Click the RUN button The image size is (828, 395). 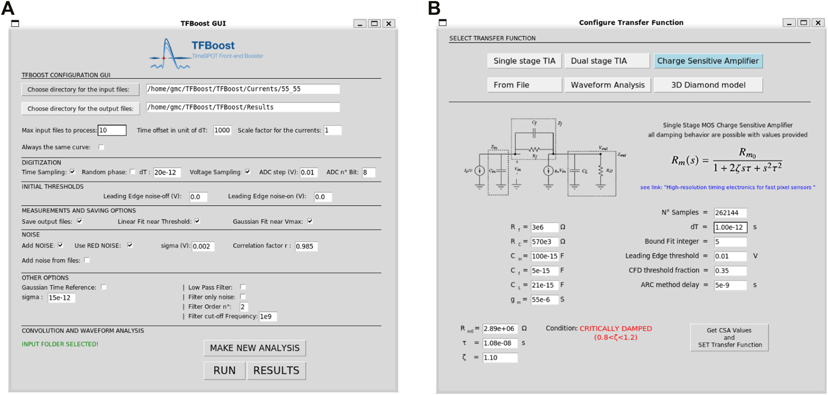click(224, 370)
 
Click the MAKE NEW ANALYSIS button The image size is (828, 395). click(255, 348)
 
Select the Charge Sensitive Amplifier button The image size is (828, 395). click(708, 61)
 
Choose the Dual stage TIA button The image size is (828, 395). click(607, 61)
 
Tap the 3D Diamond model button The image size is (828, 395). click(708, 85)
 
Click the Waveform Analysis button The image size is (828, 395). click(607, 85)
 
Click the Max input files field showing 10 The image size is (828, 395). click(112, 130)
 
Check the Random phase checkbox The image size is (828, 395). click(133, 172)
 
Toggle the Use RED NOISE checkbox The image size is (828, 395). click(130, 245)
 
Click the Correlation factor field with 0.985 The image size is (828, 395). click(306, 246)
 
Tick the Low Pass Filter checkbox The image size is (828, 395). click(243, 287)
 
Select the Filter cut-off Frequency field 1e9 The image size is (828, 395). click(268, 316)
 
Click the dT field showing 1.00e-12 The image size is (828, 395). click(730, 227)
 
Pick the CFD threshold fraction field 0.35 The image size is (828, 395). click(730, 271)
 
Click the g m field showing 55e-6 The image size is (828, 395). click(544, 300)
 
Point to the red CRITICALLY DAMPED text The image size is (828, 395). click(615, 329)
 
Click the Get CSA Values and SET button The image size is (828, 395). click(729, 338)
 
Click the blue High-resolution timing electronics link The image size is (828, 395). click(727, 187)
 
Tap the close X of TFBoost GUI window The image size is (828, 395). click(389, 23)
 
